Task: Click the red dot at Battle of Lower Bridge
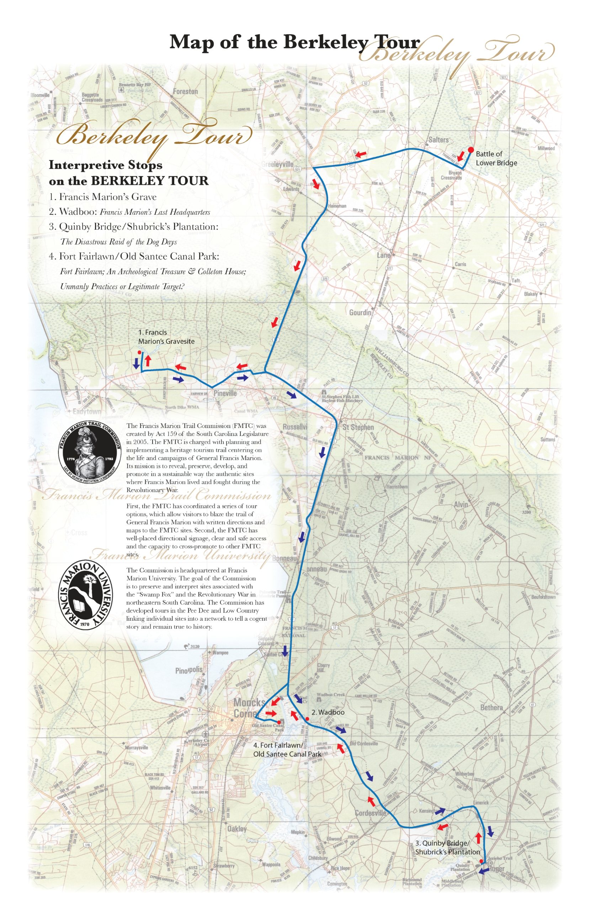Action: [471, 149]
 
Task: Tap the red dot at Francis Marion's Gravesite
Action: [139, 352]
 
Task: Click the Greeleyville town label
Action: [277, 164]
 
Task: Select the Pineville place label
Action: [225, 393]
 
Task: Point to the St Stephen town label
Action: [358, 427]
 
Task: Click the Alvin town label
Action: [461, 504]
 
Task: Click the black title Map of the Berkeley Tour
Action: [294, 42]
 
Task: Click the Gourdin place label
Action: [360, 312]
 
